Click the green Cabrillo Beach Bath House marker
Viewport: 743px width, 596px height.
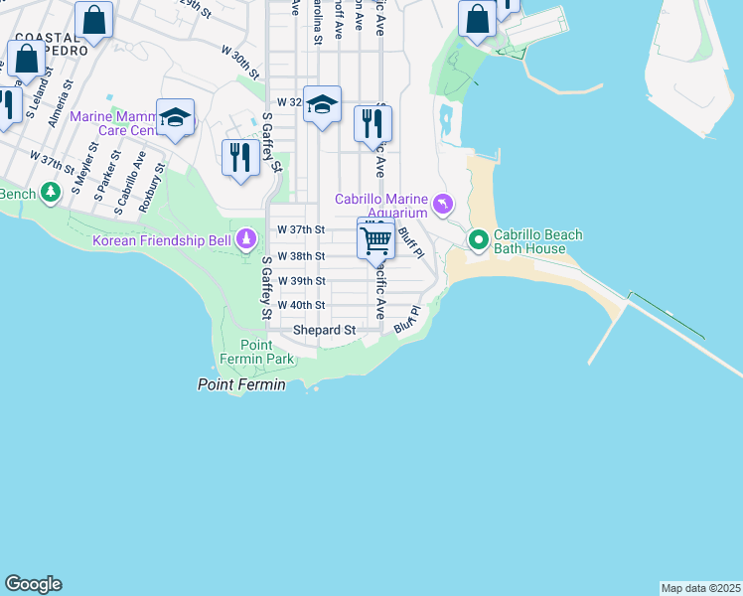[478, 239]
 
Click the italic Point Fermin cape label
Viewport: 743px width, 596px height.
[241, 384]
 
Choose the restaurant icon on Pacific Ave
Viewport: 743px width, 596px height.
[372, 124]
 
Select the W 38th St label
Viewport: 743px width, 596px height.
[301, 256]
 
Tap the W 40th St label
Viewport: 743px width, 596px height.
[301, 305]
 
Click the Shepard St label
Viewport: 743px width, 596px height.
[324, 330]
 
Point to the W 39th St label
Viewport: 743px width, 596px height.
[301, 281]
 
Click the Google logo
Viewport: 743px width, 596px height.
[33, 584]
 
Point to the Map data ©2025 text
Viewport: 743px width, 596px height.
[700, 588]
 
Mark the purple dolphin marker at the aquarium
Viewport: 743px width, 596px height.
[442, 206]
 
